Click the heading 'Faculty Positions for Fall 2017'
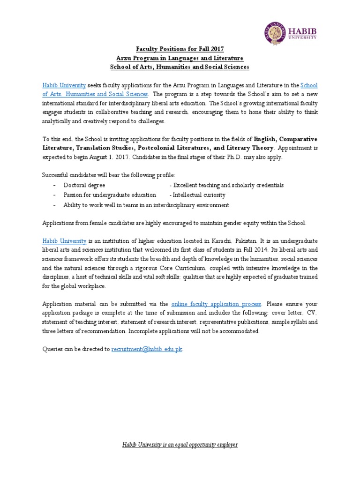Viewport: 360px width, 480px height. click(180, 49)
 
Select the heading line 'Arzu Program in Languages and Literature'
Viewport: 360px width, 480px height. click(180, 58)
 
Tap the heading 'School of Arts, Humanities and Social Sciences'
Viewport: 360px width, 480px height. click(180, 67)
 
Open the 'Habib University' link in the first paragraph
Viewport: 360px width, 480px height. click(64, 85)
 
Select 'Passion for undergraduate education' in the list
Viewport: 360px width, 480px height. click(110, 195)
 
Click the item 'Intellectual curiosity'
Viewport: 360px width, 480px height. click(199, 195)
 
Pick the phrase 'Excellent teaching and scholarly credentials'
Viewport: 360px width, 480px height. click(227, 185)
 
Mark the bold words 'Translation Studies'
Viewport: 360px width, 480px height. click(100, 149)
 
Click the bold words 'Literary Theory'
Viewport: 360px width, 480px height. click(249, 149)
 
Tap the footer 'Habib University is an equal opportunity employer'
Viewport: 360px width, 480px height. click(180, 444)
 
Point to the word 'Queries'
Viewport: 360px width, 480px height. click(52, 349)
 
